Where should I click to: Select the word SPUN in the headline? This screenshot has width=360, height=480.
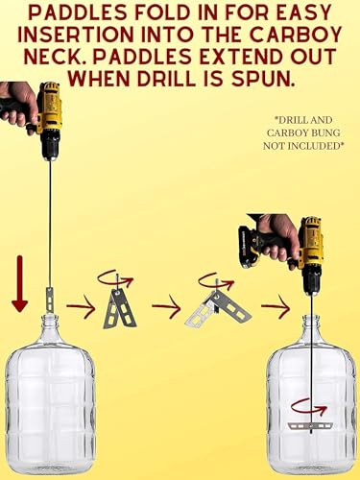point(263,79)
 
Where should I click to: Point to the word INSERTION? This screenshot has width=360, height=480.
point(76,35)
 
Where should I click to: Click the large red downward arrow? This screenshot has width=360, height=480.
point(20,283)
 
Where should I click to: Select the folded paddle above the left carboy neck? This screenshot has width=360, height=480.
point(50,300)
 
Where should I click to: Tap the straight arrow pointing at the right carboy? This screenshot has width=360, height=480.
point(276,306)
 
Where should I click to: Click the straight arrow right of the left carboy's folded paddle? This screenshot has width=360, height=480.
point(81,306)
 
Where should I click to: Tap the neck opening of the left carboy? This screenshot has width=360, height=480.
point(50,317)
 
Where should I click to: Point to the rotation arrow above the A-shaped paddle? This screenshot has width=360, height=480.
point(115,279)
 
